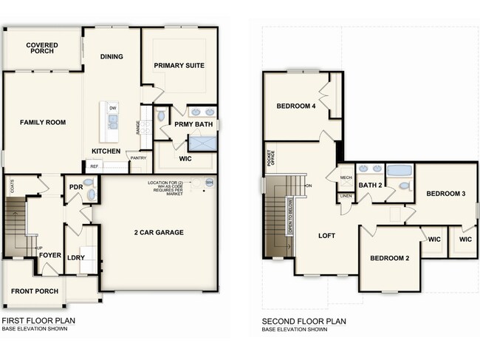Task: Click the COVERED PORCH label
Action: (x=42, y=50)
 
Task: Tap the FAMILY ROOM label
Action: (x=42, y=122)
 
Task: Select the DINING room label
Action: (x=112, y=57)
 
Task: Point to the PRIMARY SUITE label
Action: (x=179, y=66)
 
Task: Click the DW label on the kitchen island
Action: (x=112, y=109)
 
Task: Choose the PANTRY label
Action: (x=138, y=157)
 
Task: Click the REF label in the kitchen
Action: (x=94, y=167)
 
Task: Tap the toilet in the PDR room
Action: (x=89, y=194)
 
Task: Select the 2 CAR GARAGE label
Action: (x=160, y=232)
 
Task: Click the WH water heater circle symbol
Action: (x=209, y=182)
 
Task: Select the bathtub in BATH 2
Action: (x=400, y=171)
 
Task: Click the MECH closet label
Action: (x=346, y=177)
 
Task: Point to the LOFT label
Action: (x=327, y=237)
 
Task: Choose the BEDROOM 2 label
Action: (x=389, y=258)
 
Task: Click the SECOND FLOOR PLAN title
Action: (x=304, y=322)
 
